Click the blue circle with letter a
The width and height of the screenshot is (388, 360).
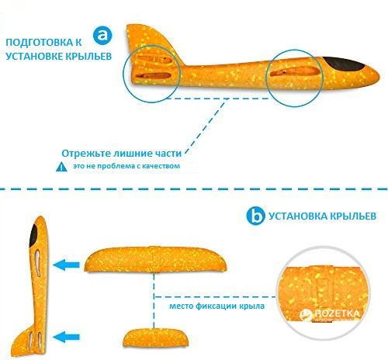(x=102, y=36)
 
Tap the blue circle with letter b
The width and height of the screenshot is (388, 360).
(x=255, y=216)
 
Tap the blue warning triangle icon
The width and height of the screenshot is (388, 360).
(x=61, y=167)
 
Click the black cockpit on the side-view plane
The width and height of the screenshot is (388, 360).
(x=343, y=64)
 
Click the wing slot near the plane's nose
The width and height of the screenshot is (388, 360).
(x=294, y=71)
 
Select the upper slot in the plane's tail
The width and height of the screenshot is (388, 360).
(x=154, y=60)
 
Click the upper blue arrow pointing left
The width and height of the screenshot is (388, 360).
(x=66, y=265)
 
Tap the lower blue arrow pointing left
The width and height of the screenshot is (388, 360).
(x=66, y=337)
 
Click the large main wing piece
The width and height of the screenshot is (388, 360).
(x=155, y=259)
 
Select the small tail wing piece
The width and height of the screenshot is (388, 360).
(x=155, y=337)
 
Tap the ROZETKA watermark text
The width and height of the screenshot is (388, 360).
(x=337, y=313)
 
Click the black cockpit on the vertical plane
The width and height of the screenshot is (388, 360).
(x=34, y=236)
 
